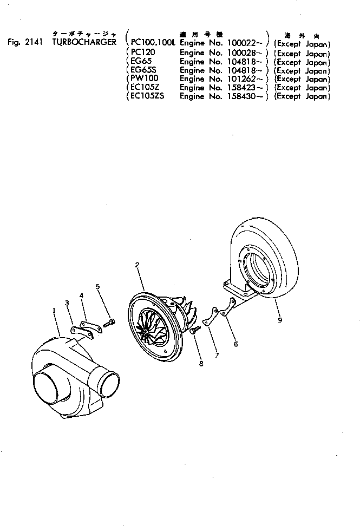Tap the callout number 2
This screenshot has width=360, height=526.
(x=138, y=265)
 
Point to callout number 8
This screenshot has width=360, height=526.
(x=201, y=364)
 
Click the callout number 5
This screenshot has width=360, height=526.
(x=98, y=286)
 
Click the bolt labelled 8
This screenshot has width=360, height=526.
(x=194, y=330)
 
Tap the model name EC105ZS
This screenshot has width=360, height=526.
(x=148, y=97)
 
